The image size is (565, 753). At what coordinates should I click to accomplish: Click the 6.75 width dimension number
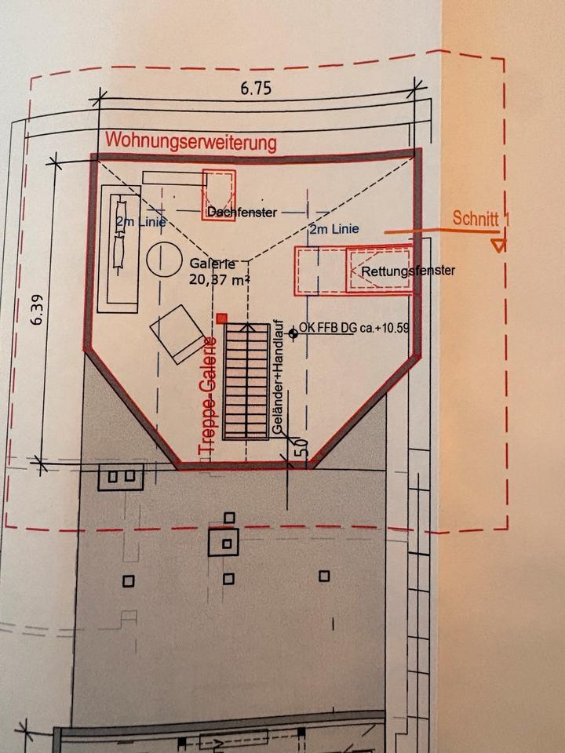[x=256, y=89]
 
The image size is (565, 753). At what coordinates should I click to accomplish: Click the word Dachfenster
[x=242, y=213]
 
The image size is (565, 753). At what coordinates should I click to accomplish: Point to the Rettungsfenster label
[x=408, y=271]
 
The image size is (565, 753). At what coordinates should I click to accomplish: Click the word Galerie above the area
[x=213, y=264]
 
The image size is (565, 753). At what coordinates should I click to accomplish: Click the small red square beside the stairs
[x=221, y=318]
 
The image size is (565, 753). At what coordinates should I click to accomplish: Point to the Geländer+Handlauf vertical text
[x=277, y=378]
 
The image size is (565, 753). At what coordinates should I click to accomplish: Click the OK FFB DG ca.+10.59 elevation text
[x=354, y=328]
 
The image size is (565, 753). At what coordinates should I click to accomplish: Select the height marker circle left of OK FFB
[x=293, y=333]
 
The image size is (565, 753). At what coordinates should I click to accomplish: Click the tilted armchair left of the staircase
[x=178, y=334]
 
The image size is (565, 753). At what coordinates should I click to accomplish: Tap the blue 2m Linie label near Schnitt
[x=334, y=230]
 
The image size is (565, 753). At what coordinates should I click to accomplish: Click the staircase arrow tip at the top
[x=247, y=325]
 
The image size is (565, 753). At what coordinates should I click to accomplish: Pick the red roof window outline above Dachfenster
[x=219, y=195]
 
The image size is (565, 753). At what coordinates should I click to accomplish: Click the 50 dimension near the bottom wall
[x=303, y=447]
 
